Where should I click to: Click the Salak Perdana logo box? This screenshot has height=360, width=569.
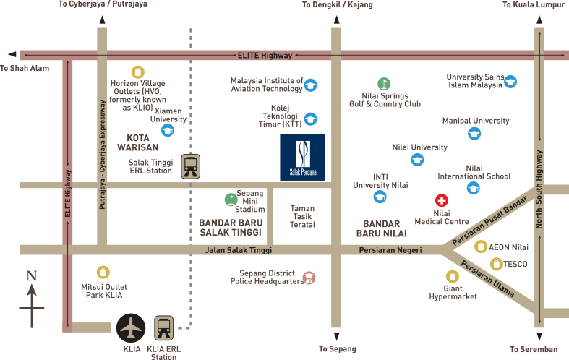tap(302, 157)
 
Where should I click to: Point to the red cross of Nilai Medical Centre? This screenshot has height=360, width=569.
tap(440, 200)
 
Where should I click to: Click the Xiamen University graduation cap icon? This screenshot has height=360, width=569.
tap(168, 130)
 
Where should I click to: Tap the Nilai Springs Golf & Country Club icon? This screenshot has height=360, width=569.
tap(384, 83)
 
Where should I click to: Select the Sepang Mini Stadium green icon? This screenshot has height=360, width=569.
tap(230, 200)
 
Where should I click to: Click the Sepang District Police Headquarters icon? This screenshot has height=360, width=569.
tap(309, 277)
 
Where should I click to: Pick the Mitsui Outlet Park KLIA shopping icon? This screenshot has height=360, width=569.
tap(103, 273)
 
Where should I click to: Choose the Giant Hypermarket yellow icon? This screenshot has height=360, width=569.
tap(452, 275)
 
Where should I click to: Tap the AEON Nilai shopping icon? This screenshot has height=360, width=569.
tap(481, 247)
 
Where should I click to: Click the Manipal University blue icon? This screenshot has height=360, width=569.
tap(474, 133)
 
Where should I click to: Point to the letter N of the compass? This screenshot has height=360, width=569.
tap(31, 276)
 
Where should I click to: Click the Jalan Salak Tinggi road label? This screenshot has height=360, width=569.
tap(238, 250)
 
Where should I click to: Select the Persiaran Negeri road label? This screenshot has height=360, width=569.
tap(390, 250)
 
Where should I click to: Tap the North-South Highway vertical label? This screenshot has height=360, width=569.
tap(539, 189)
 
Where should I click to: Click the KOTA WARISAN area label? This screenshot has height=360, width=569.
tap(137, 142)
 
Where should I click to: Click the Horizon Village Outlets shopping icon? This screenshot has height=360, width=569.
tap(137, 72)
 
